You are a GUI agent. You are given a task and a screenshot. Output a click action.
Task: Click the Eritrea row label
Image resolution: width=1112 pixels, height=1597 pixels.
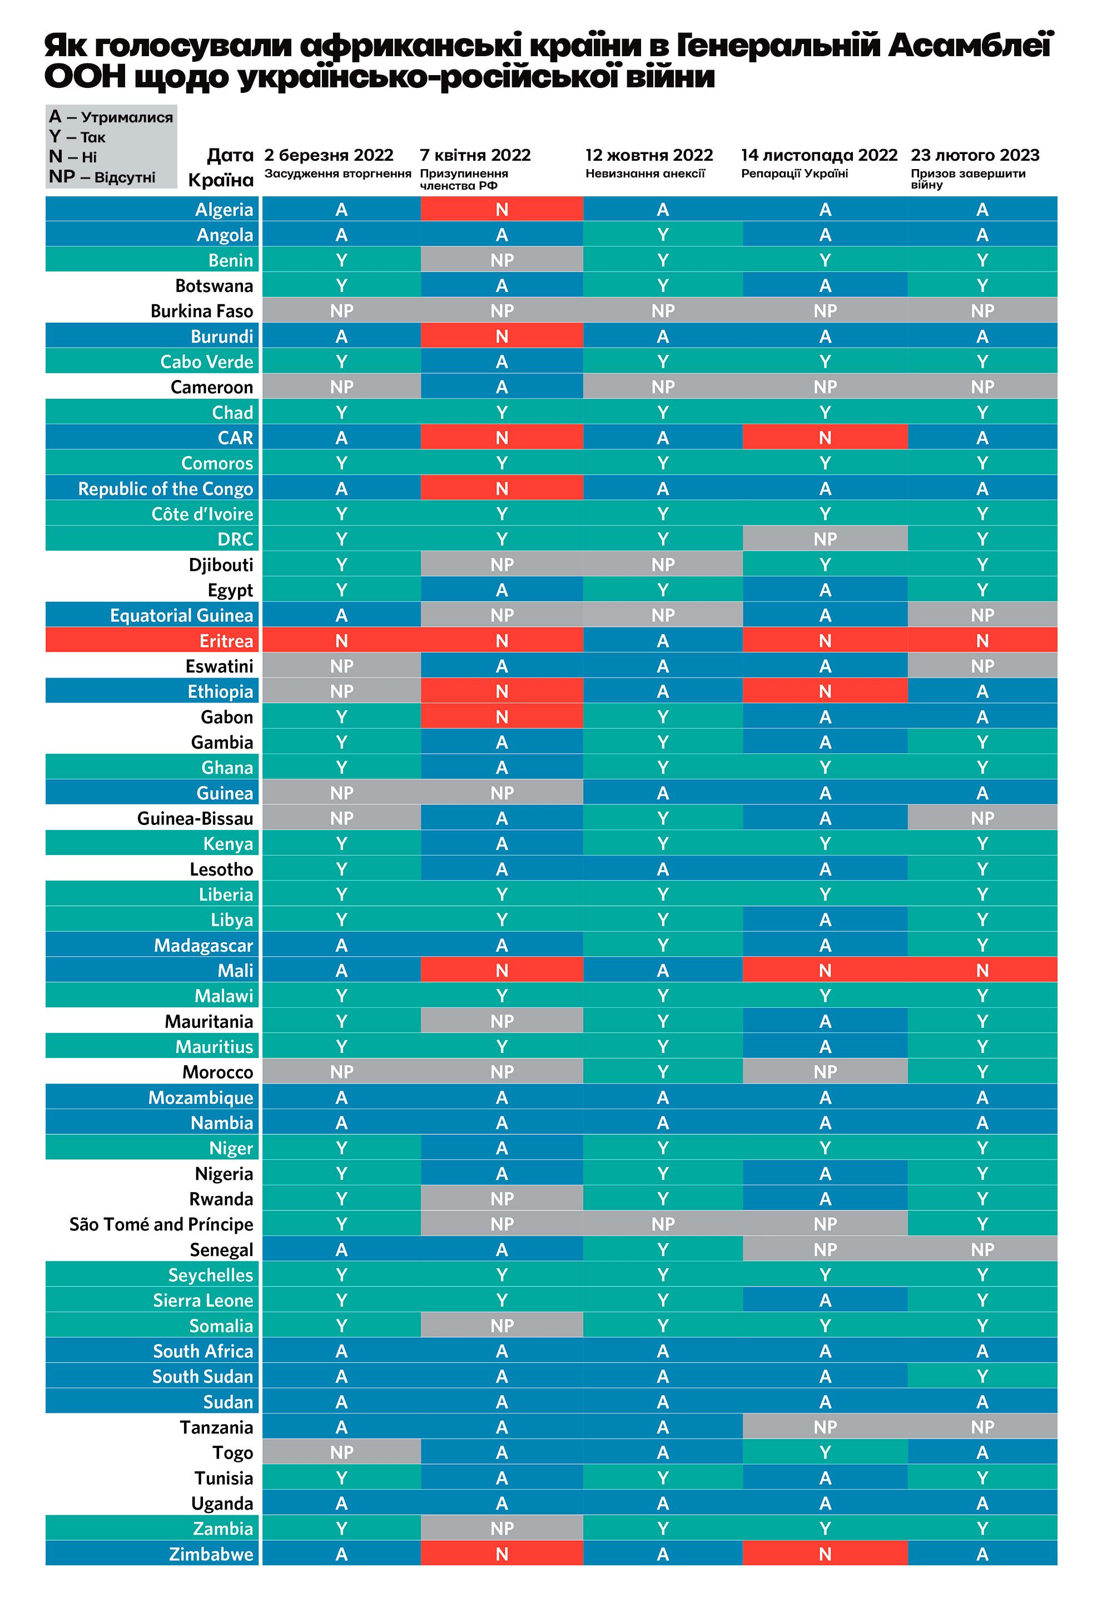[226, 641]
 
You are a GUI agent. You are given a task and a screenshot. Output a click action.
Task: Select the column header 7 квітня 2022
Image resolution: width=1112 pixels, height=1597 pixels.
[475, 155]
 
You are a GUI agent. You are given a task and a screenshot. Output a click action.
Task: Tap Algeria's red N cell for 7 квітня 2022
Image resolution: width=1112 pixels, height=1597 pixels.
[502, 209]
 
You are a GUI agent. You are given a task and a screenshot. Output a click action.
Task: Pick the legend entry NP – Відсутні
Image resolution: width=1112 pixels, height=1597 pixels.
[102, 177]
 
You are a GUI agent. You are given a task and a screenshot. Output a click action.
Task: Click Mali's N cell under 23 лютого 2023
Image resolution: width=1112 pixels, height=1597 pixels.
[982, 970]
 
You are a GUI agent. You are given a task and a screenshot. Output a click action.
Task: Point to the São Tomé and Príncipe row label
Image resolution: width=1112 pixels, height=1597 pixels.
[161, 1224]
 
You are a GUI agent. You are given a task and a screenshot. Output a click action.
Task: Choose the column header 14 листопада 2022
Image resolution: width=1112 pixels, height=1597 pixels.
[819, 155]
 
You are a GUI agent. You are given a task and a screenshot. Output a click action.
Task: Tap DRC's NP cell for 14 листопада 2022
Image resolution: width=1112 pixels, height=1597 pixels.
[825, 539]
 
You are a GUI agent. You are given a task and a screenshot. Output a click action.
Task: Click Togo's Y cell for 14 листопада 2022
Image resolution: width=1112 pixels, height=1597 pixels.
[825, 1452]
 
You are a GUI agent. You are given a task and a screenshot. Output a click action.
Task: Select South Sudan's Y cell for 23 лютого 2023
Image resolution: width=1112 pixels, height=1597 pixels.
[982, 1377]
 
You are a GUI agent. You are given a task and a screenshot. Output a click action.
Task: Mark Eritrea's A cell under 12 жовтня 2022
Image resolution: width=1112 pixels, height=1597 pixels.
[663, 641]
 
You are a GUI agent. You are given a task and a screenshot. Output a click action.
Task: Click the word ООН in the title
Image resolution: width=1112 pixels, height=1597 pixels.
[85, 77]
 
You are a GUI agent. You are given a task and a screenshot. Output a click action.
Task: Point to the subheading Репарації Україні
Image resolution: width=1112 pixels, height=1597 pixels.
[794, 173]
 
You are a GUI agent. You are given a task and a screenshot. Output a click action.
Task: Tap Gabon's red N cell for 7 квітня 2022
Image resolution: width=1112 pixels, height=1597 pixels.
[502, 717]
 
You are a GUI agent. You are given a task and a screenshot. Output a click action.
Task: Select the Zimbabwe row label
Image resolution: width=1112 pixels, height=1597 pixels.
[211, 1554]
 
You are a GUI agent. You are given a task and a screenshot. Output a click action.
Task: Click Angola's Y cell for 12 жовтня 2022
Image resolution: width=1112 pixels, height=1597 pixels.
[663, 235]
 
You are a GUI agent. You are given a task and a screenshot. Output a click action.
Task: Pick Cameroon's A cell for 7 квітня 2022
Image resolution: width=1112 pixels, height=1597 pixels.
[502, 387]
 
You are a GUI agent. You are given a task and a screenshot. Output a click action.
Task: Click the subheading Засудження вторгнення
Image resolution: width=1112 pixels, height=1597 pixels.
[338, 173]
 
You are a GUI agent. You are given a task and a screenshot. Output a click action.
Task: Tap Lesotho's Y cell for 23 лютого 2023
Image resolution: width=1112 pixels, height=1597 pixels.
[982, 869]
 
